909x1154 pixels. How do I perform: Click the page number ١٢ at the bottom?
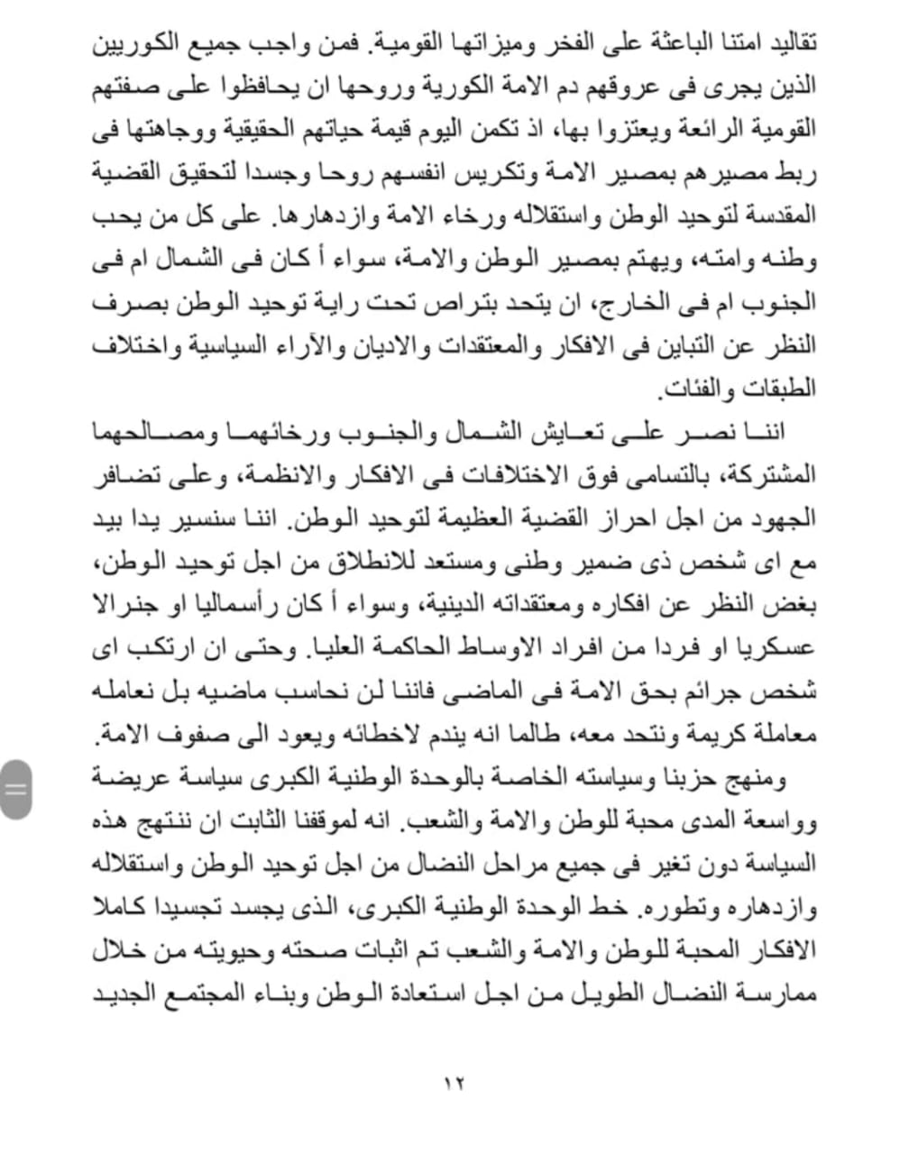tap(454, 1082)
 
